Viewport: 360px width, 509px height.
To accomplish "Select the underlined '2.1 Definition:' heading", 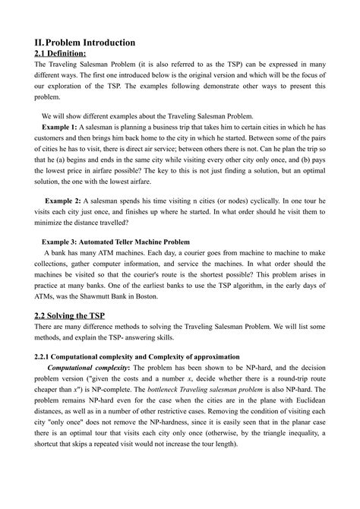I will [61, 54].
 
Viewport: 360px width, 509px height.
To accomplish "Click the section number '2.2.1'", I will [46, 356].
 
